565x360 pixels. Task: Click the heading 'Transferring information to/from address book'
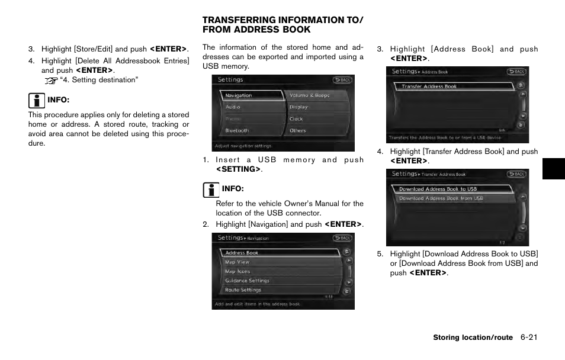282,25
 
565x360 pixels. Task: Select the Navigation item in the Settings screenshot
251,95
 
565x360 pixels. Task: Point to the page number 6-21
529,337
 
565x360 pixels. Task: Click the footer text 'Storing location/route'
473,337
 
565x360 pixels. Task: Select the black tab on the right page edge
553,168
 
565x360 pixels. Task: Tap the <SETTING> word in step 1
239,169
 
